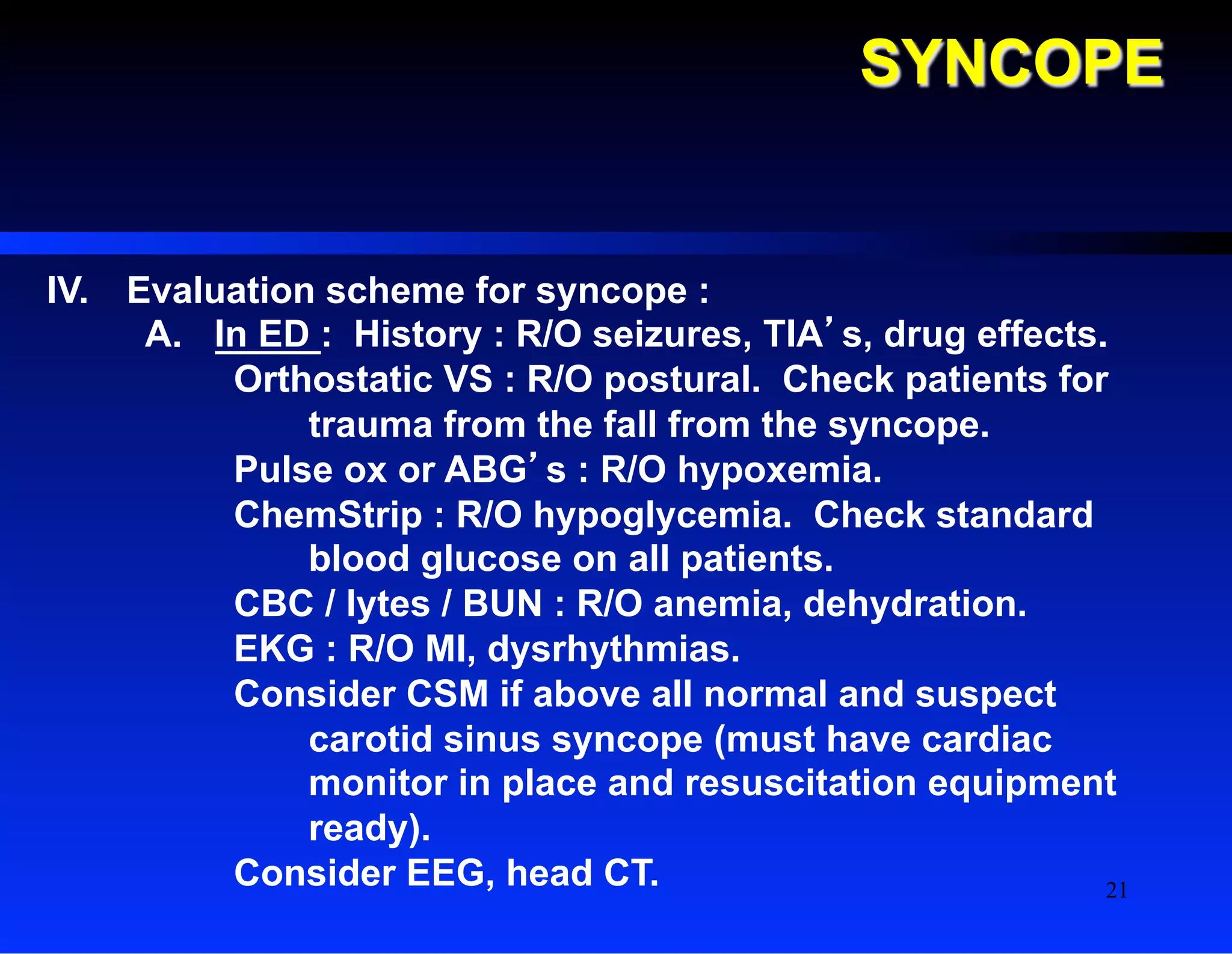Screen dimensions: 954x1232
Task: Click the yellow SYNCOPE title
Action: (x=1012, y=63)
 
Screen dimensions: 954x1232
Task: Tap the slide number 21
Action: (x=1116, y=890)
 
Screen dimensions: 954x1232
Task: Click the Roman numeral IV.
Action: (x=67, y=291)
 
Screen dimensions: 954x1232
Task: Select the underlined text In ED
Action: (x=263, y=334)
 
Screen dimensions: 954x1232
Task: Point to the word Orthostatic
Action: (x=333, y=380)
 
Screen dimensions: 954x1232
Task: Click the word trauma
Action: (x=371, y=425)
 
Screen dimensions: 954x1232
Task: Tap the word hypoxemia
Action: (x=778, y=470)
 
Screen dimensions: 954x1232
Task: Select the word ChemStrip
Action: (x=328, y=515)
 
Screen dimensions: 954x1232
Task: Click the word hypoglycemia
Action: (x=662, y=516)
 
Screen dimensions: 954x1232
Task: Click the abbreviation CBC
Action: (x=274, y=604)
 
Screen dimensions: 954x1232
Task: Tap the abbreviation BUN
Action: (x=502, y=604)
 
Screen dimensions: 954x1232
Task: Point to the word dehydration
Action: (x=914, y=604)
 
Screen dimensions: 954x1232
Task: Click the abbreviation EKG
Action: (x=274, y=649)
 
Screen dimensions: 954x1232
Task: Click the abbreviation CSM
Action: (x=447, y=694)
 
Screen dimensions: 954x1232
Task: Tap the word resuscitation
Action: (x=800, y=783)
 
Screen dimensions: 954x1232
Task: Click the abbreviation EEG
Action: (x=445, y=873)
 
